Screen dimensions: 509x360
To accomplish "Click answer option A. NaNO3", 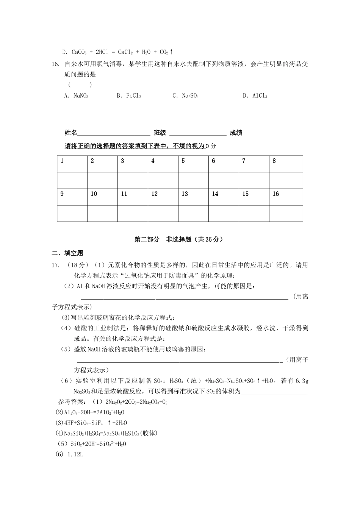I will pos(76,96).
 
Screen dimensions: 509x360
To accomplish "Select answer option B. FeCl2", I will pos(129,96).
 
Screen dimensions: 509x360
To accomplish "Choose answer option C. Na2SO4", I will pos(185,96).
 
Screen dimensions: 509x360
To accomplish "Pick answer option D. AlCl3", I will pos(255,96).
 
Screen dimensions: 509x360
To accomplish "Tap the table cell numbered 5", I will pos(193,164).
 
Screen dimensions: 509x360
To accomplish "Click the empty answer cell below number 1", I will pos(72,181).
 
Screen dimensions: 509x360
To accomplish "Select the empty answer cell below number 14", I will pos(224,214).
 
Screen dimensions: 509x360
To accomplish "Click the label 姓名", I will pos(71,133).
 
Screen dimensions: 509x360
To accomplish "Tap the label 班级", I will pos(160,133).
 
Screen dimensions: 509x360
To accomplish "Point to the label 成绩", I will pos(236,133).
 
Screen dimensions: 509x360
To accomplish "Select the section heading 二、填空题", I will pos(67,253).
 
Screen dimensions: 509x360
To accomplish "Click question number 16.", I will pos(56,64).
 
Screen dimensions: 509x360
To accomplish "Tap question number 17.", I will pos(56,265).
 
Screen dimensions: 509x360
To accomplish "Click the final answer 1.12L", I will pos(75,454).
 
